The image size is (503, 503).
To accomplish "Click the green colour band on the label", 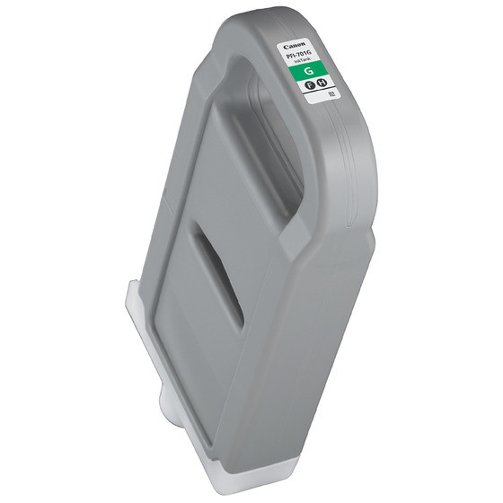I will [x=310, y=72].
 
